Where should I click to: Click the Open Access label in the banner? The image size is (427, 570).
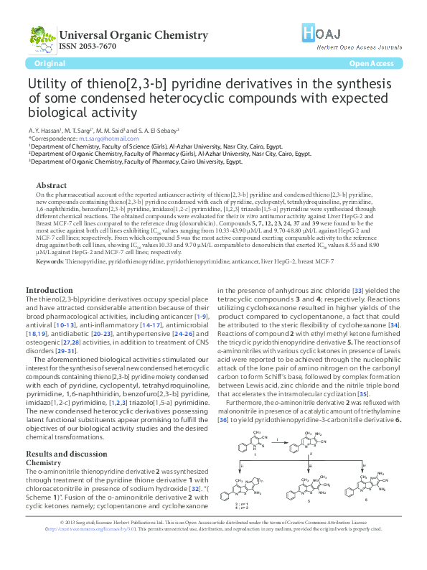pos(371,64)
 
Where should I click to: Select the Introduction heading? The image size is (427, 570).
pos(50,290)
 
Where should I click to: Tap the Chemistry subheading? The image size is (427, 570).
pos(43,443)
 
